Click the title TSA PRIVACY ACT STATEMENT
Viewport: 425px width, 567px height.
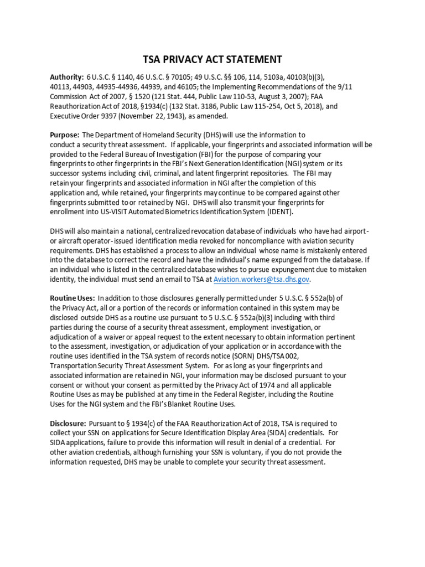coord(212,60)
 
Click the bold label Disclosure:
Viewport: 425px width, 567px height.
coord(68,424)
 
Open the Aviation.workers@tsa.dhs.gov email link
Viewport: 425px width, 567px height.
coord(261,280)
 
